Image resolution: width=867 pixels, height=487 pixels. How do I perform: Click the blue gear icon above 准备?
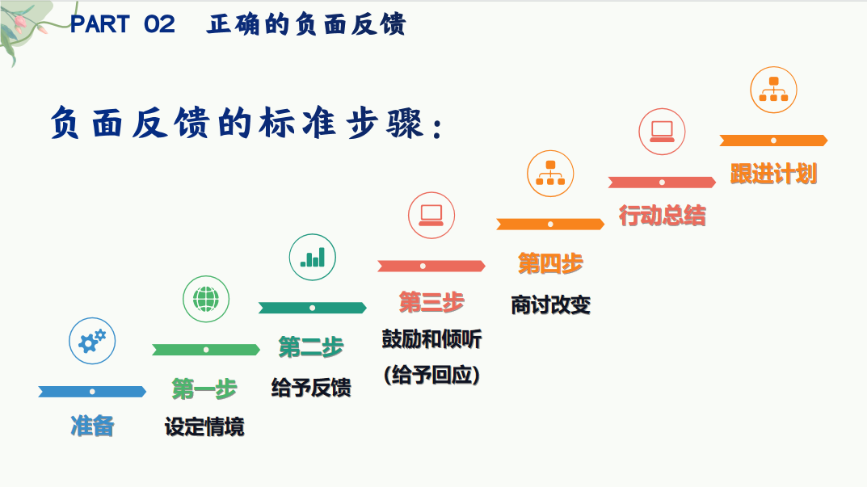click(x=92, y=340)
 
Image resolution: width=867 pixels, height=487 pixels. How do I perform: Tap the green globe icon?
click(x=206, y=299)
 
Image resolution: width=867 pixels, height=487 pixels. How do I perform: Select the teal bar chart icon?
click(x=312, y=257)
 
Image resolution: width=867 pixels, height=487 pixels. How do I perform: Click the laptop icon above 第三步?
click(x=431, y=214)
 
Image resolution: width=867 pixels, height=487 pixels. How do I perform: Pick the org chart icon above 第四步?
click(x=550, y=173)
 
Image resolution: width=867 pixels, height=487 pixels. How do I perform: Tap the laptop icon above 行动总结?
click(x=663, y=131)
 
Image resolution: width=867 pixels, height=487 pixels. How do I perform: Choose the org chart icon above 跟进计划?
click(x=773, y=89)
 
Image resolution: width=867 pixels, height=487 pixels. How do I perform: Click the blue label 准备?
click(x=92, y=426)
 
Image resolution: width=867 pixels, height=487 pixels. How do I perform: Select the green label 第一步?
click(x=204, y=389)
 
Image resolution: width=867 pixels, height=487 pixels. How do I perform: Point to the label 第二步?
click(x=311, y=347)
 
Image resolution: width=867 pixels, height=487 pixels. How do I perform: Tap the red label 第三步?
click(x=431, y=302)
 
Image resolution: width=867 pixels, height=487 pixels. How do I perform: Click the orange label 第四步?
click(x=550, y=262)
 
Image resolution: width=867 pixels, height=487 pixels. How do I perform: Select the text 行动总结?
click(x=663, y=216)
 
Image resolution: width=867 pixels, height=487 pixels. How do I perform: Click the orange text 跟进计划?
click(x=773, y=174)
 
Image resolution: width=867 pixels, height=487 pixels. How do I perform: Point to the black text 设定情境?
click(x=204, y=426)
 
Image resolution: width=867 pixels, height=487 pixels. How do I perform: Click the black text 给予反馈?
click(x=311, y=388)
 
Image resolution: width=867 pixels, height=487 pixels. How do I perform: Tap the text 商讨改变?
click(x=550, y=304)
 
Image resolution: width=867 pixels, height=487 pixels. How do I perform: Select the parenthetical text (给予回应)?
click(x=431, y=375)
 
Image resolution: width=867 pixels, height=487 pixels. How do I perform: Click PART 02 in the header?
click(x=122, y=24)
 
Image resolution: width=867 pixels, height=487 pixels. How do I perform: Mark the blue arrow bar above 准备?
click(x=92, y=392)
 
